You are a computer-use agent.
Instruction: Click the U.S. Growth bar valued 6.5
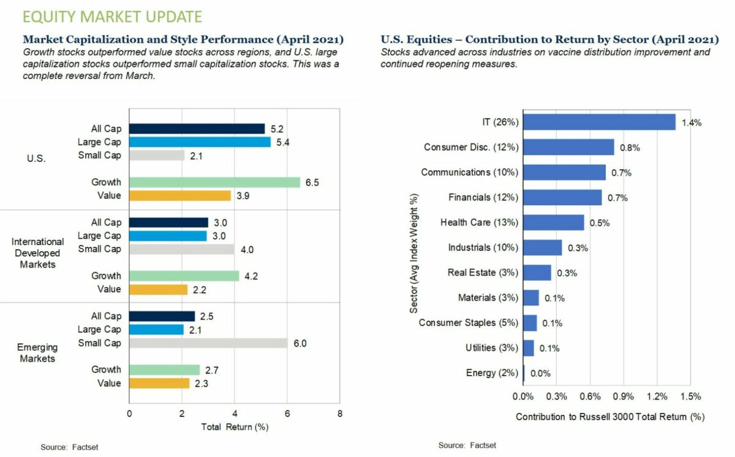pyautogui.click(x=214, y=182)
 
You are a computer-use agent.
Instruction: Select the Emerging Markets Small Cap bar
pyautogui.click(x=208, y=343)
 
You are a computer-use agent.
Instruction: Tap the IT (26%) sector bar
pyautogui.click(x=600, y=122)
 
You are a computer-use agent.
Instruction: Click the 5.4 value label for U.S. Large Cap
pyautogui.click(x=283, y=142)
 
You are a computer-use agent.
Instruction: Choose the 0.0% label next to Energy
pyautogui.click(x=540, y=373)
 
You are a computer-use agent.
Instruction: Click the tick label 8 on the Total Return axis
pyautogui.click(x=340, y=414)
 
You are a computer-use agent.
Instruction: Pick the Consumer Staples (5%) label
pyautogui.click(x=469, y=323)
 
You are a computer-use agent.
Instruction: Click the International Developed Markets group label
pyautogui.click(x=38, y=253)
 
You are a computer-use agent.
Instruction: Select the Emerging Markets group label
pyautogui.click(x=37, y=352)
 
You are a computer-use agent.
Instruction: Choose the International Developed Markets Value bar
pyautogui.click(x=158, y=289)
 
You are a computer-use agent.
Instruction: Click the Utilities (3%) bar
pyautogui.click(x=529, y=348)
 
